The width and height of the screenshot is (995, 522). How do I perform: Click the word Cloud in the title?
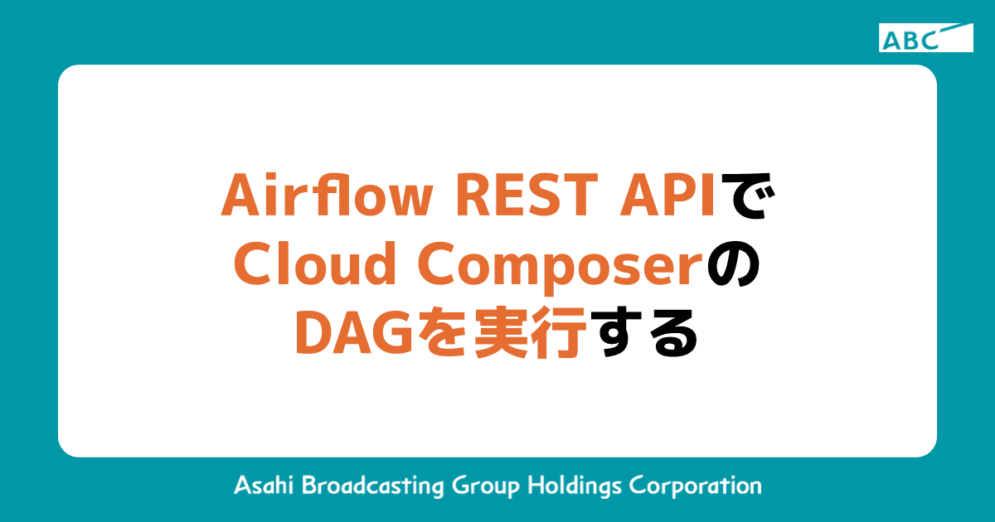tap(303, 266)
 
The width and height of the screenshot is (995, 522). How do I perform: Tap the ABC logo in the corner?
tap(925, 38)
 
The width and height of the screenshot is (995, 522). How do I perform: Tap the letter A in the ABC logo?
tap(891, 40)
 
